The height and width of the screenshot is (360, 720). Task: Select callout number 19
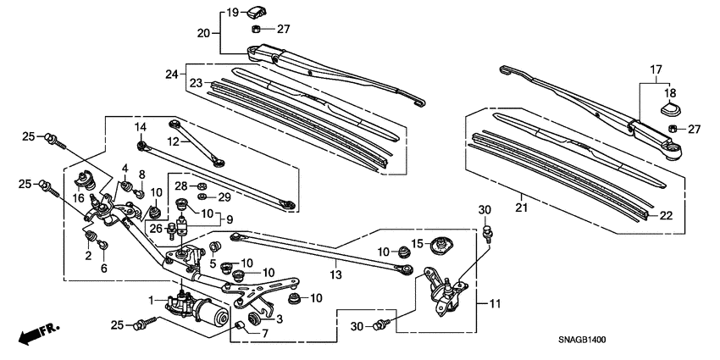point(209,12)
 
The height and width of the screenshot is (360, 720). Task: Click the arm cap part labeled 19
point(255,11)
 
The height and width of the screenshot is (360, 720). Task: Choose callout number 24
point(174,74)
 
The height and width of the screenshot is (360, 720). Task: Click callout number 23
point(197,83)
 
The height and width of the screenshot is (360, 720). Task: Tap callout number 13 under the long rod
point(335,274)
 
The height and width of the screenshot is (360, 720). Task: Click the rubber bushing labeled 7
point(240,326)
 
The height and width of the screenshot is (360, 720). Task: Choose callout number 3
point(279,318)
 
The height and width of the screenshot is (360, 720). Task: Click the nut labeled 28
point(203,186)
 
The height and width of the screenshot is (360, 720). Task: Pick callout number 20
point(203,33)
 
